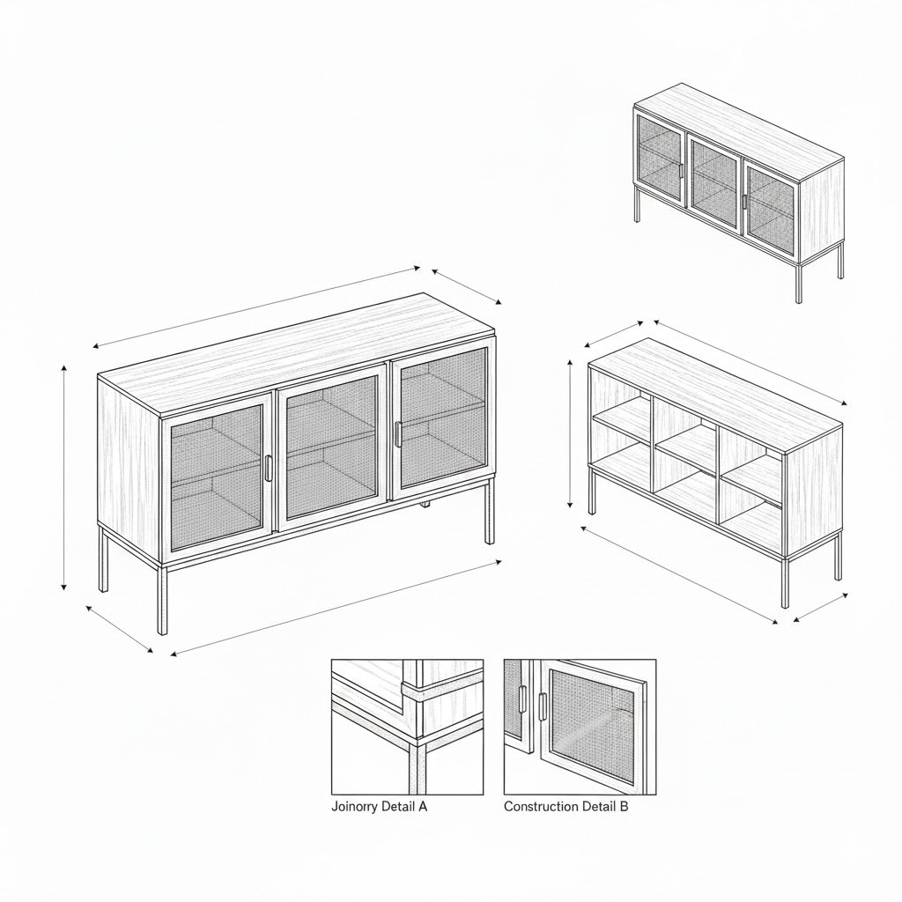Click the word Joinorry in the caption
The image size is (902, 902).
pyautogui.click(x=354, y=807)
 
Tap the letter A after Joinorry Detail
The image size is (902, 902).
pyautogui.click(x=423, y=807)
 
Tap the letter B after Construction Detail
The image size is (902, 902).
pyautogui.click(x=625, y=807)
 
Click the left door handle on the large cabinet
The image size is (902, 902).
pyautogui.click(x=269, y=469)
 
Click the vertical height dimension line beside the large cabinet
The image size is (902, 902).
pyautogui.click(x=63, y=477)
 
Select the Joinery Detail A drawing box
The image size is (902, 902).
pyautogui.click(x=407, y=727)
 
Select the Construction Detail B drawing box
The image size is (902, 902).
pyautogui.click(x=580, y=727)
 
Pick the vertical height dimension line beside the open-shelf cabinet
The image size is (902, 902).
pyautogui.click(x=570, y=434)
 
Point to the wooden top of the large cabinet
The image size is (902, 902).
pyautogui.click(x=296, y=353)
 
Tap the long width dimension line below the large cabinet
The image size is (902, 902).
pyautogui.click(x=336, y=608)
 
